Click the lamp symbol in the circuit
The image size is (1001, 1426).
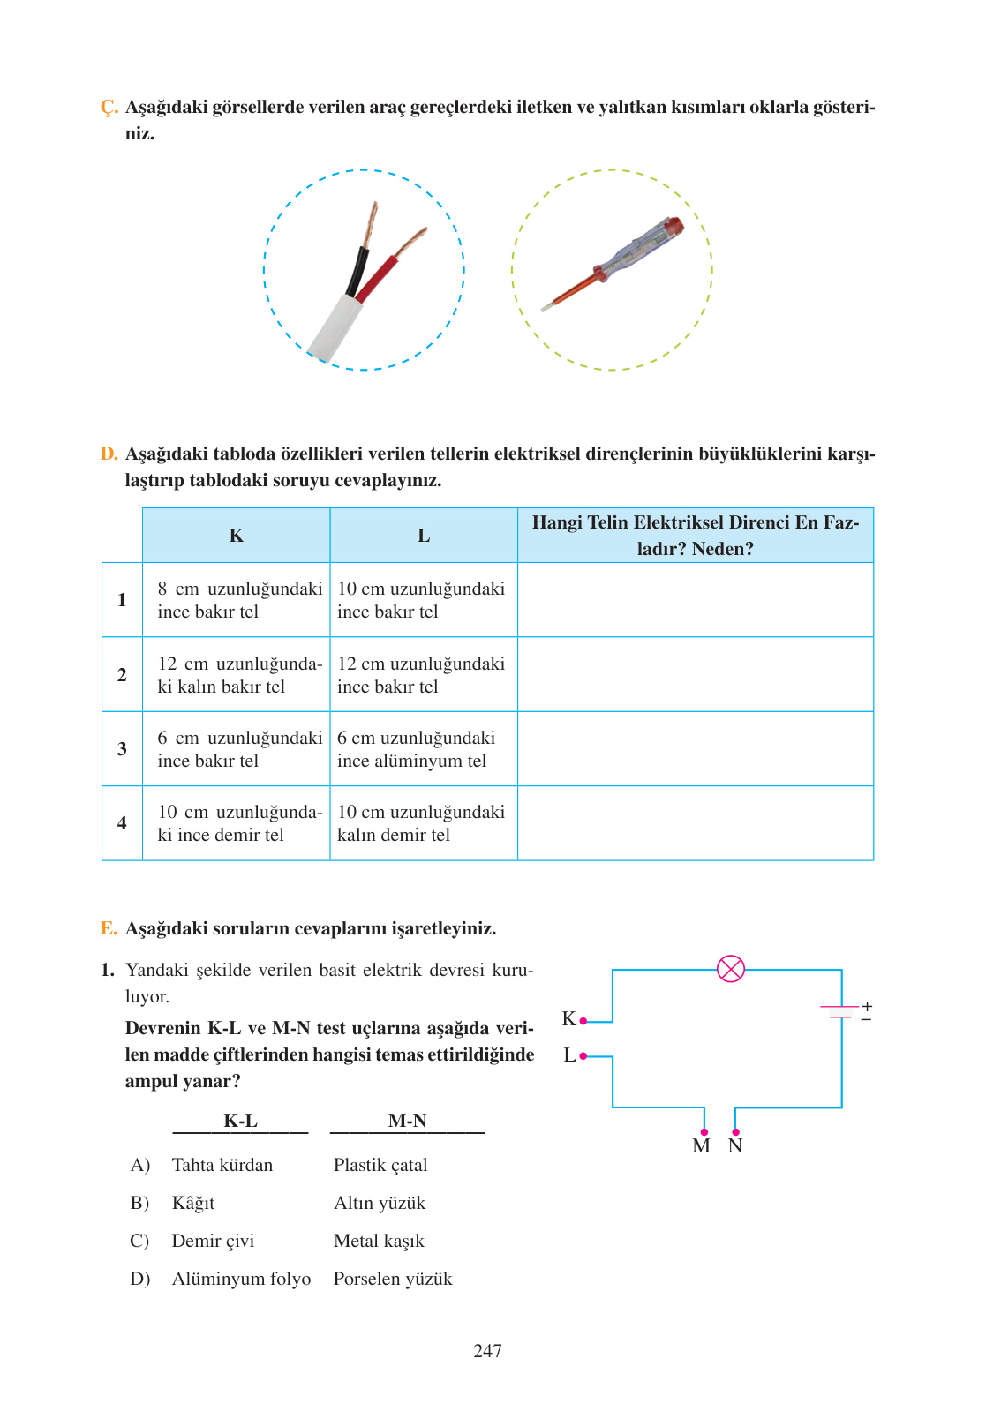coord(731,968)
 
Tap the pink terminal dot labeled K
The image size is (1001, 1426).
coord(583,1021)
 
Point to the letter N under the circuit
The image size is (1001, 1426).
coord(735,1146)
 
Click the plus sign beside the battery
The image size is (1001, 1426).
coord(867,1006)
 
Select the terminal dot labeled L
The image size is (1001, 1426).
coord(583,1055)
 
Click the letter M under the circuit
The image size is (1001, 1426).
coord(701,1146)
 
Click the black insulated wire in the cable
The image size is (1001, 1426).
coord(357,270)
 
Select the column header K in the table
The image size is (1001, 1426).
coord(236,536)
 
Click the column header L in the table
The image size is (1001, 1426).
coord(424,536)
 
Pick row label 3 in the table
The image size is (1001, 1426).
coord(122,748)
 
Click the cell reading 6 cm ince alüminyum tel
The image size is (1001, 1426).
coord(415,749)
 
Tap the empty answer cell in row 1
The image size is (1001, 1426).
coord(695,600)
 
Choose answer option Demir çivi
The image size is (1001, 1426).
coord(213,1241)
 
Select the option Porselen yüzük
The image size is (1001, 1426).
coord(393,1279)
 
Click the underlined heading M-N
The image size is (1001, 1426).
coord(407,1121)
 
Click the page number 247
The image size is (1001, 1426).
coord(487,1351)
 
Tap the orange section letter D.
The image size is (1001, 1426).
coord(109,454)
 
